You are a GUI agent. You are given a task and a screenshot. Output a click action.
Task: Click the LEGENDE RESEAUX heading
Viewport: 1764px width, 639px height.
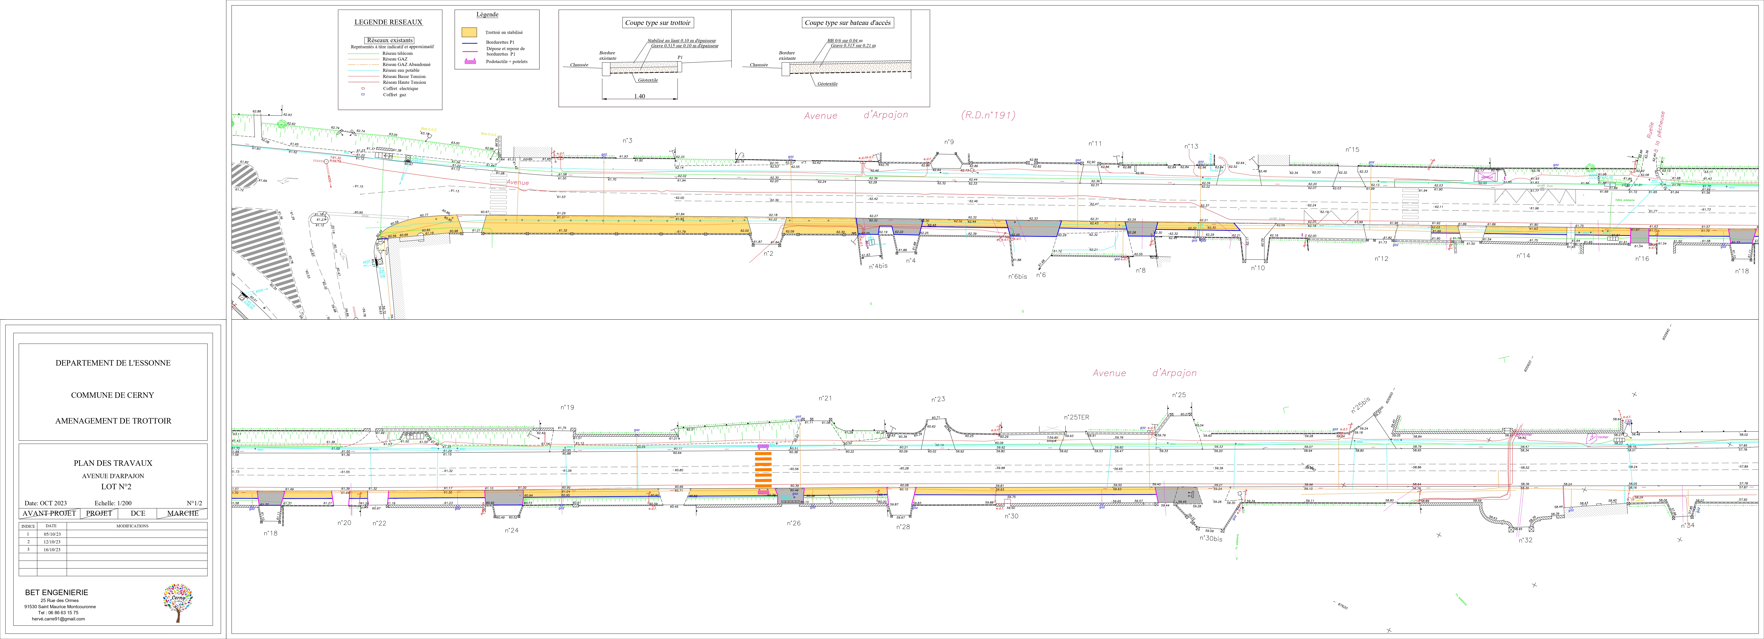388,22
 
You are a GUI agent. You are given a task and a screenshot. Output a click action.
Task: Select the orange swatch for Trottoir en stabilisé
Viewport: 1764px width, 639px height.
469,32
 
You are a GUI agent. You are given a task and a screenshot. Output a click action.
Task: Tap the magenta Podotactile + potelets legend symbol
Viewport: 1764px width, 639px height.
470,62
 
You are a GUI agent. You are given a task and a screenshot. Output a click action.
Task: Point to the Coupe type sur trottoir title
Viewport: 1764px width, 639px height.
657,23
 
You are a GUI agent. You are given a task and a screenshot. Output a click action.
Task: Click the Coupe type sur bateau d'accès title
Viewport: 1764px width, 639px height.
848,23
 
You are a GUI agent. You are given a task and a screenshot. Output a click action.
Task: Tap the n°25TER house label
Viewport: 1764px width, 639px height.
1076,417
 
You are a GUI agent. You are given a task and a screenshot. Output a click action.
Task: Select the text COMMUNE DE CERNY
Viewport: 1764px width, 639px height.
112,395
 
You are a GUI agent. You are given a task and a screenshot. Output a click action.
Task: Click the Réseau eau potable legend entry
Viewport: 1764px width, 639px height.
401,70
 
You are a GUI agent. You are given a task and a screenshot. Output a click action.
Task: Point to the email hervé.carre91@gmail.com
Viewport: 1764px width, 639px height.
58,618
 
